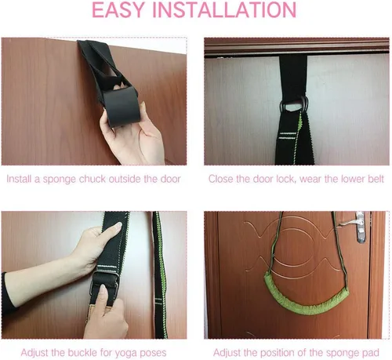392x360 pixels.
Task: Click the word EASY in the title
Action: tap(118, 10)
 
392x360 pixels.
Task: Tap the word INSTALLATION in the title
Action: tap(224, 10)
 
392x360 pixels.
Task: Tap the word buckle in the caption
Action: tap(82, 353)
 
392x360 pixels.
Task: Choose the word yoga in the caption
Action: tap(126, 354)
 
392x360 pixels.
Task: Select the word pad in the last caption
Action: tap(371, 353)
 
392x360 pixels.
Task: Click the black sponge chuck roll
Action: tap(121, 106)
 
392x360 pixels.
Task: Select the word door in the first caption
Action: tap(171, 179)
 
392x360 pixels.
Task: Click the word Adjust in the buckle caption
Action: tap(34, 353)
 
